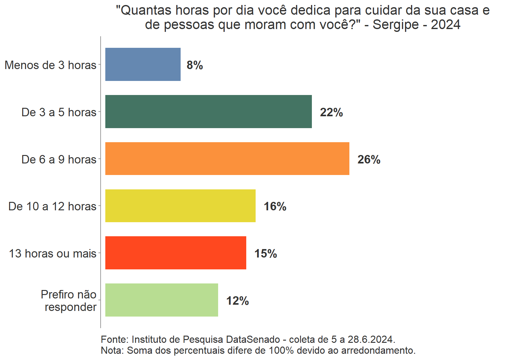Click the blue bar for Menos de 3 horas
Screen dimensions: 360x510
pos(143,64)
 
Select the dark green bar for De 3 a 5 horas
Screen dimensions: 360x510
pos(208,112)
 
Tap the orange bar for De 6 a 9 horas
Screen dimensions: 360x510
pos(227,159)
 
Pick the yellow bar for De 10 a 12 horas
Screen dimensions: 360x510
pos(180,206)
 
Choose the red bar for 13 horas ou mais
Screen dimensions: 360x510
pos(176,253)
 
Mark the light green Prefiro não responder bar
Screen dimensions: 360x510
pos(162,300)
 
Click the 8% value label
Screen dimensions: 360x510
pos(195,65)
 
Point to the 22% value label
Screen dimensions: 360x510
pos(331,112)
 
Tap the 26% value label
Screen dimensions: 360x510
pos(369,159)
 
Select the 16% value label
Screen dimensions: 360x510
pos(275,206)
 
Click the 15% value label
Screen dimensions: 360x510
pos(266,253)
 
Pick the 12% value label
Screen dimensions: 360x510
pos(237,301)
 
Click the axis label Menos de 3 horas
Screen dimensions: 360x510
pos(51,65)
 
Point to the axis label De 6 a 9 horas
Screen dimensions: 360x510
pos(59,159)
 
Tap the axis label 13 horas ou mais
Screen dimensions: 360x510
pos(52,253)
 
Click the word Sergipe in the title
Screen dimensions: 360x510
pos(396,24)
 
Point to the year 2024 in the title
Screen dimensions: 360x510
pos(446,24)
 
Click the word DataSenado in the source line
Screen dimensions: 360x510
pos(253,339)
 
